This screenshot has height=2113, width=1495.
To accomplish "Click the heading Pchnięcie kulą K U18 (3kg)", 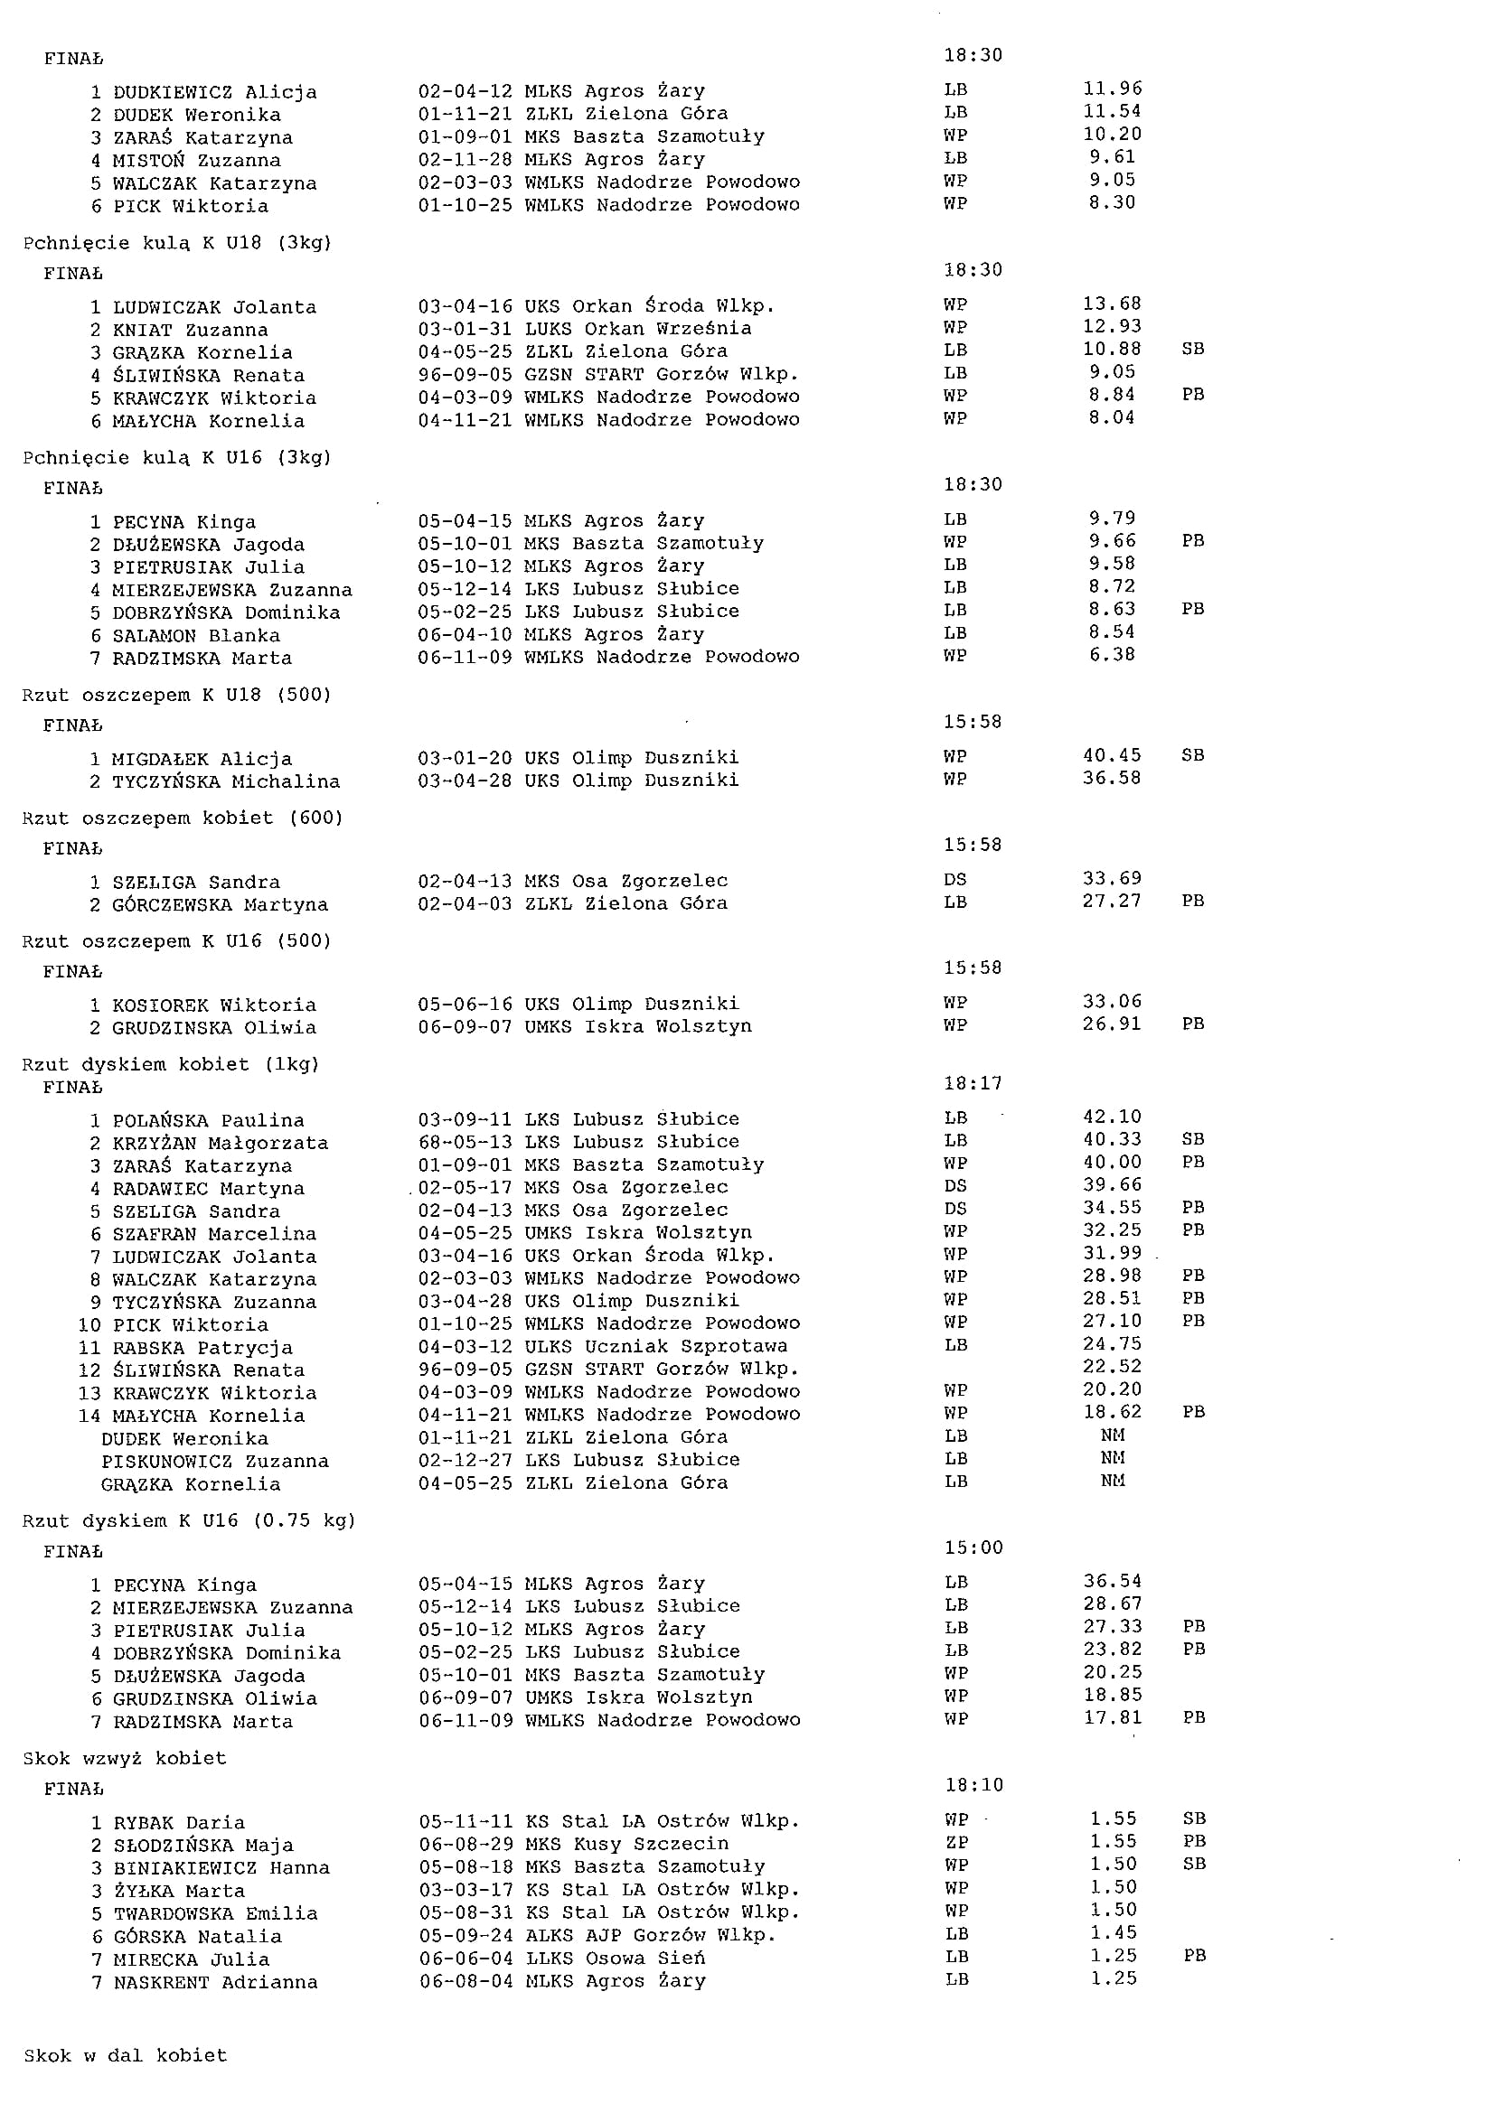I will [177, 243].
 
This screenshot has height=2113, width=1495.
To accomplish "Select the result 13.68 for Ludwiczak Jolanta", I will [1112, 304].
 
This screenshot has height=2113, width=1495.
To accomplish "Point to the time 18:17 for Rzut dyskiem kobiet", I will [973, 1083].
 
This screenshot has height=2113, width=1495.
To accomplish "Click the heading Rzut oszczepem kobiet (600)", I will [183, 818].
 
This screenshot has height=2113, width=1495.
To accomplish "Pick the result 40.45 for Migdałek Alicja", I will [1112, 755].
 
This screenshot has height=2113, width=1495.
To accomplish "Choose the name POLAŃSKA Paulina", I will [197, 1120].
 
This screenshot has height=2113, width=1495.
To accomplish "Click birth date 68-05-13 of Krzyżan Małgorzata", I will [464, 1142].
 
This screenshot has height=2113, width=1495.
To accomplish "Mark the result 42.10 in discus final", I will [1112, 1117].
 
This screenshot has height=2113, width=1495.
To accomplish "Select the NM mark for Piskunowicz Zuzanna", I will [1112, 1459].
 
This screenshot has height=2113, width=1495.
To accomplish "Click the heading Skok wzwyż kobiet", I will [124, 1758].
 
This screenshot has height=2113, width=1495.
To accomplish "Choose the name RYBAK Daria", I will [166, 1822].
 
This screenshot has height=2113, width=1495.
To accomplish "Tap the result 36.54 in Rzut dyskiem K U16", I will [1112, 1581].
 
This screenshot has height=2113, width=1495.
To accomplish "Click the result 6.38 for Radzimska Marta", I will [1112, 655].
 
